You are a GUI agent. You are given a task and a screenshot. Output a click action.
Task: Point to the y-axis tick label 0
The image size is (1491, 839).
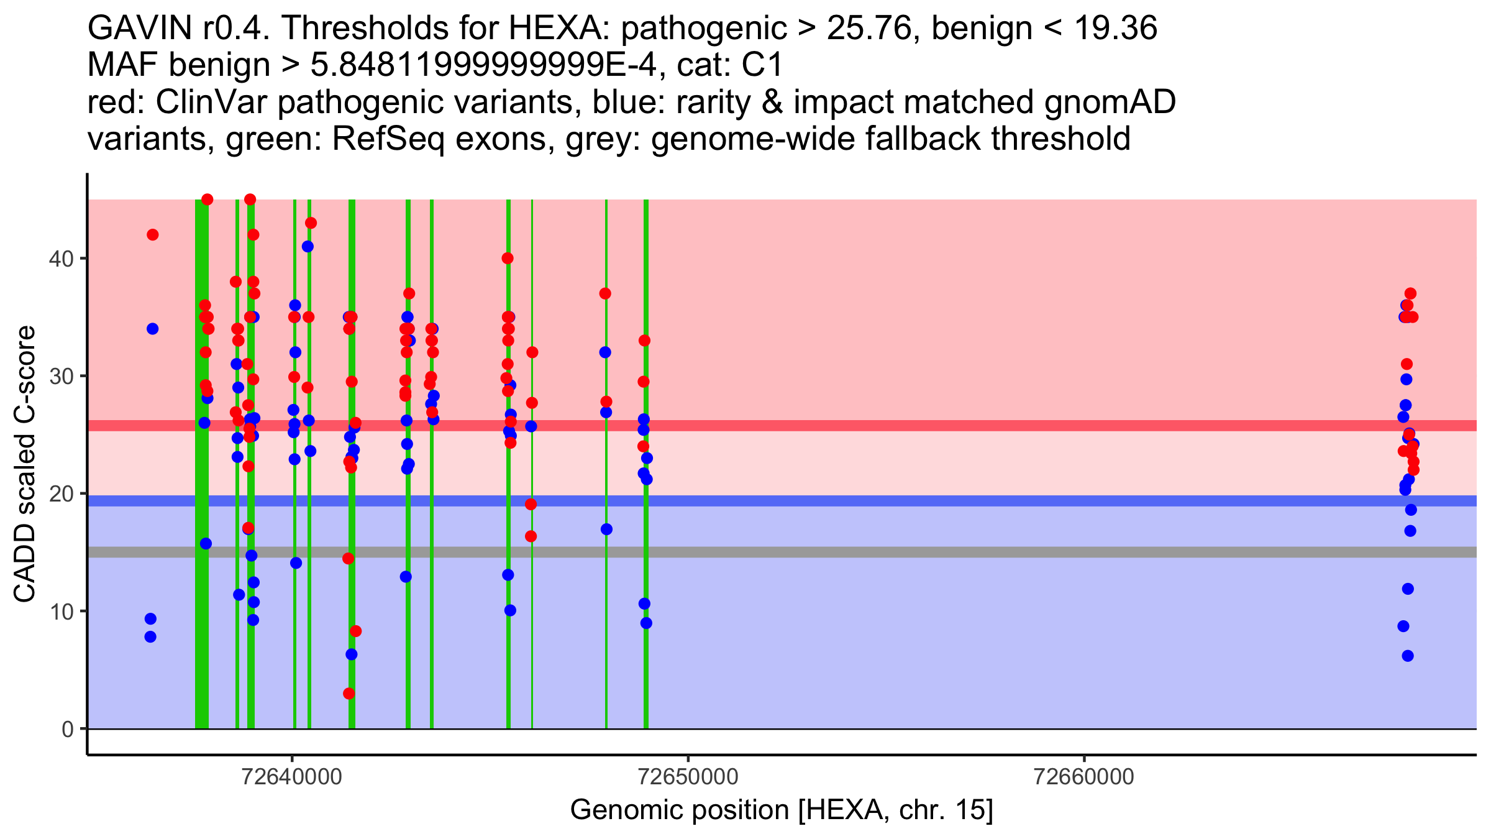[x=67, y=729]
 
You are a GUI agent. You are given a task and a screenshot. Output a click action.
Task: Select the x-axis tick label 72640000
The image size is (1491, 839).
[x=293, y=777]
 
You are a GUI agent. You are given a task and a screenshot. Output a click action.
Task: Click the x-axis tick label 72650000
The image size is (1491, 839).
[x=688, y=777]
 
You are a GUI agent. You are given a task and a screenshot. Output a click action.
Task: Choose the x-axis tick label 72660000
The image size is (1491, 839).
[x=1084, y=777]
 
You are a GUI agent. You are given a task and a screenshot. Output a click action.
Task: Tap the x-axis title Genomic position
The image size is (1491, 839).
[x=781, y=810]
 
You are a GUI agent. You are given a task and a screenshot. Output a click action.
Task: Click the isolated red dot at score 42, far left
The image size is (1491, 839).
[x=152, y=235]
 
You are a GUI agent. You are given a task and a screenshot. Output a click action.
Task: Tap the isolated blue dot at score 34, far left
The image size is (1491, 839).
[x=152, y=329]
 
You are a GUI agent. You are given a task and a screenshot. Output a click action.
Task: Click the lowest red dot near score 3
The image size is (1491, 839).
[x=349, y=694]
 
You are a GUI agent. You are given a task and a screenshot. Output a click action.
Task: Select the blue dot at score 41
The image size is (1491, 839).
[x=308, y=247]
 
